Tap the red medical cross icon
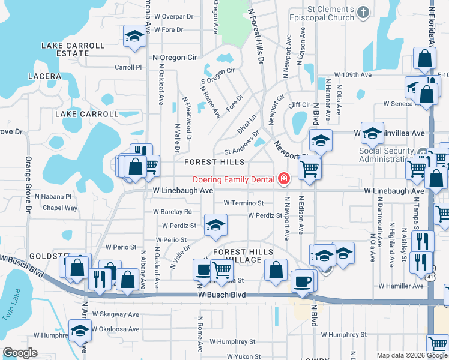(x=283, y=179)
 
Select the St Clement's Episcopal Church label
(x=322, y=13)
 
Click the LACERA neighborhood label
(x=44, y=76)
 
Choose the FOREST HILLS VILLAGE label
(x=244, y=256)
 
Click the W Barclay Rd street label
(x=172, y=212)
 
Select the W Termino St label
(x=244, y=203)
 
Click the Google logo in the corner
(x=20, y=353)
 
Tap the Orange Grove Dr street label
(x=28, y=184)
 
